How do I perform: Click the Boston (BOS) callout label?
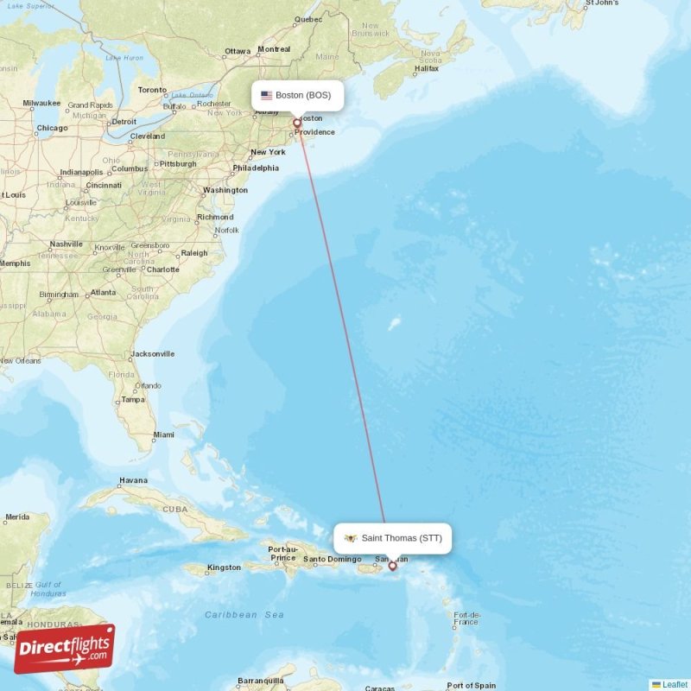pyautogui.click(x=297, y=95)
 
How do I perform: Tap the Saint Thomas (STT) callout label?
pyautogui.click(x=392, y=538)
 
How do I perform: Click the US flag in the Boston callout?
pyautogui.click(x=266, y=95)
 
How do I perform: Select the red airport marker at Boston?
pyautogui.click(x=297, y=124)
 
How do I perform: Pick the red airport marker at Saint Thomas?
pyautogui.click(x=393, y=566)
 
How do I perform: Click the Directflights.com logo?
pyautogui.click(x=64, y=649)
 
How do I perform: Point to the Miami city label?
pyautogui.click(x=162, y=434)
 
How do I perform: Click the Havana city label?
pyautogui.click(x=134, y=480)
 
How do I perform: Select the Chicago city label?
pyautogui.click(x=52, y=129)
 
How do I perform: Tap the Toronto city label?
pyautogui.click(x=152, y=90)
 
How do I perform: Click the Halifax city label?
pyautogui.click(x=427, y=68)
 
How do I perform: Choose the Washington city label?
pyautogui.click(x=225, y=190)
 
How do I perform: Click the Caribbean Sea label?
pyautogui.click(x=244, y=614)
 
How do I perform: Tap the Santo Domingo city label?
pyautogui.click(x=327, y=559)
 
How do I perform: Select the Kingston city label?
pyautogui.click(x=225, y=567)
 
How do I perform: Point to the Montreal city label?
pyautogui.click(x=274, y=49)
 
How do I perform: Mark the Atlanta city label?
pyautogui.click(x=103, y=293)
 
